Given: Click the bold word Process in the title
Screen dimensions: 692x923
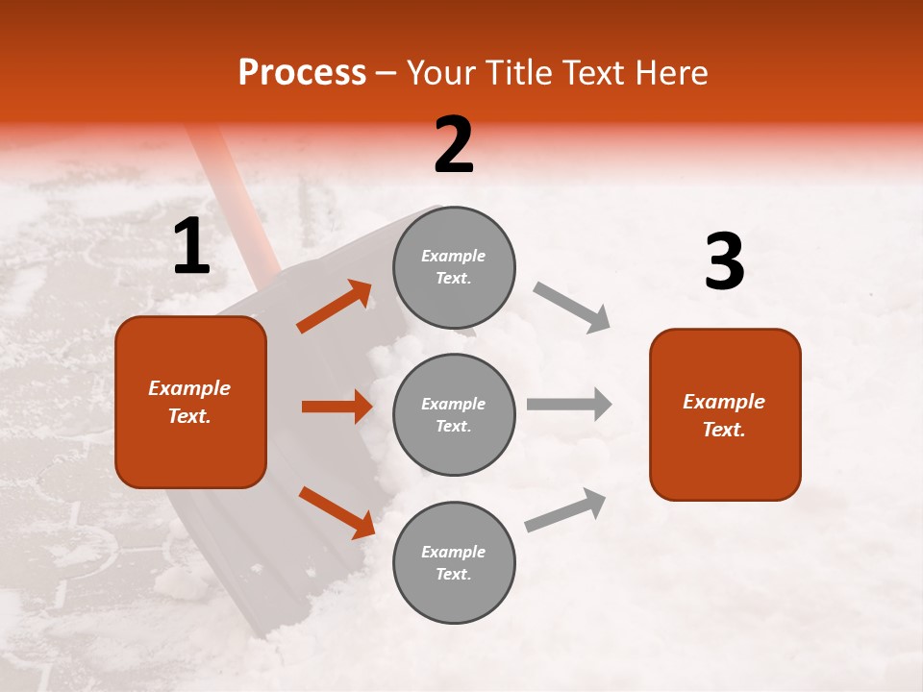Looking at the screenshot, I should [302, 73].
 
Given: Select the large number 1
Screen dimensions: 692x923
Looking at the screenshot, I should [191, 247].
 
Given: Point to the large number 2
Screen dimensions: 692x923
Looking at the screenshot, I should [454, 145].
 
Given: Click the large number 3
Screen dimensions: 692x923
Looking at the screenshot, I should [724, 261].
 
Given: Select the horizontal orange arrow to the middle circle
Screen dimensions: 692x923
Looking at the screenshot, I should [337, 407].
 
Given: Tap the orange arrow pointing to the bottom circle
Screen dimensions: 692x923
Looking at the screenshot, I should [337, 512].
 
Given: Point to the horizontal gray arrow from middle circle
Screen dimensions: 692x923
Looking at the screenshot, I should [569, 404].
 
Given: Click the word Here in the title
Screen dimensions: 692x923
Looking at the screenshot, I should [671, 73].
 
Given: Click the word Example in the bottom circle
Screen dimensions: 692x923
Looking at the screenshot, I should [454, 552].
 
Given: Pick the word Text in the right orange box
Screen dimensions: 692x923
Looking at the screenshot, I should [724, 430].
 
